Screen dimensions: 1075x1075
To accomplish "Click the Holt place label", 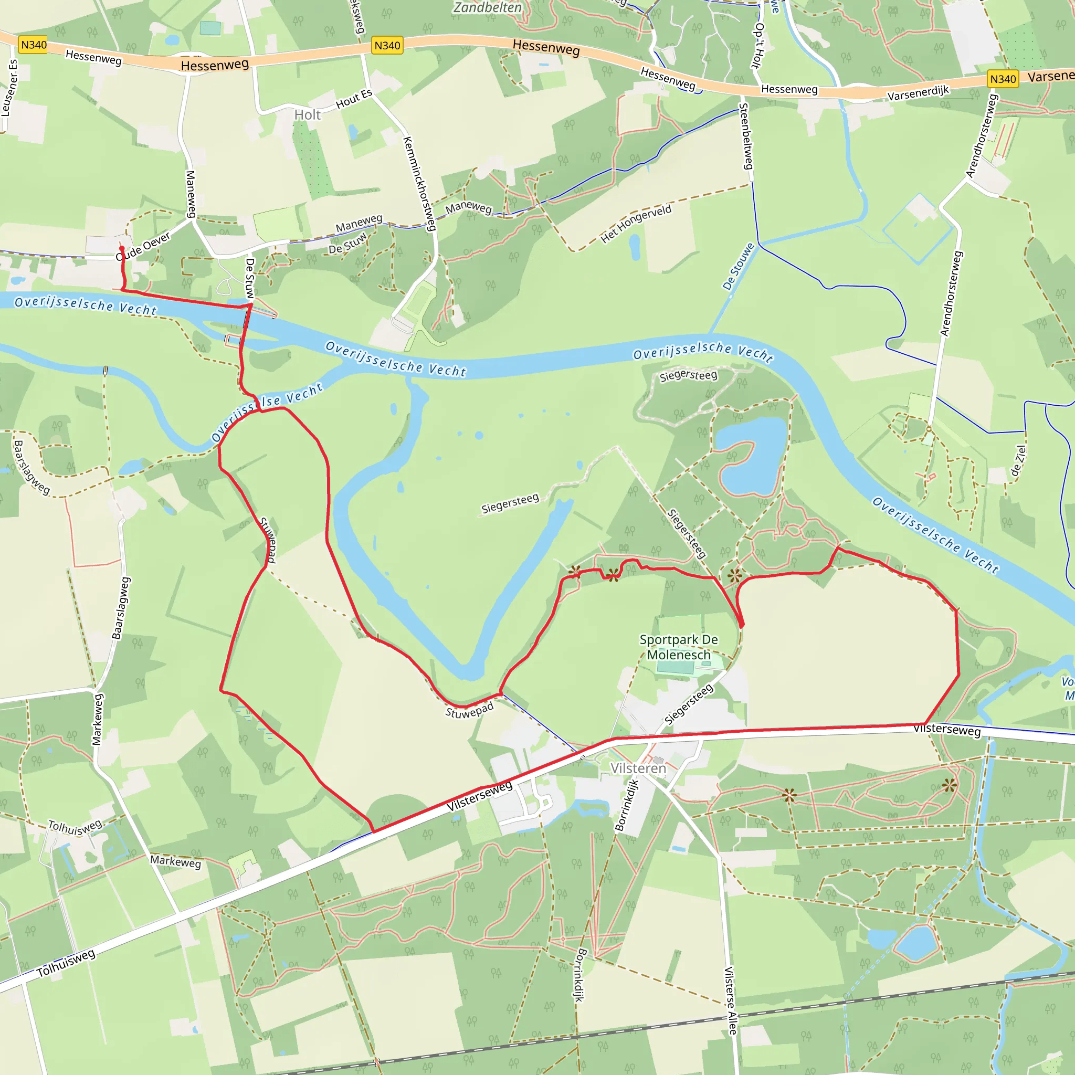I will (x=307, y=114).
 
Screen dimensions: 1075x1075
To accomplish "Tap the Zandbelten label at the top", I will (x=488, y=8).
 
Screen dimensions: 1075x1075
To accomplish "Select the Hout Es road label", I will (x=354, y=99).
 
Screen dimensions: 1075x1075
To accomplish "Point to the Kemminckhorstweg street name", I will (x=419, y=183).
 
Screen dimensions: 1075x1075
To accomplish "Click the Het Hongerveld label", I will (x=636, y=224).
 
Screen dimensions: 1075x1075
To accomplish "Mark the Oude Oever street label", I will (x=143, y=246).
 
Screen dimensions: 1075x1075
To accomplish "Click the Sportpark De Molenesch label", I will (x=678, y=647).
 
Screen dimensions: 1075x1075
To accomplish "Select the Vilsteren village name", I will (x=638, y=768).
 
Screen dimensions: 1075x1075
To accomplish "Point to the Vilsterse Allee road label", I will (x=731, y=1000).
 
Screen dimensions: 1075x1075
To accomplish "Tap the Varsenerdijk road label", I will (x=918, y=93).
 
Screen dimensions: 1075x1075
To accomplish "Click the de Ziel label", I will (x=1018, y=461).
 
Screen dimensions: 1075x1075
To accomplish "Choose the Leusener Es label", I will (x=10, y=88).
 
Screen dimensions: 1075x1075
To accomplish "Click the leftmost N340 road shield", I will (x=34, y=45).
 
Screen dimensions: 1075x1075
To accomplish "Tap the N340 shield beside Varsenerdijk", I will (x=1003, y=79).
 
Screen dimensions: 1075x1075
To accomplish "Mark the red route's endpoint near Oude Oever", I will (x=122, y=248).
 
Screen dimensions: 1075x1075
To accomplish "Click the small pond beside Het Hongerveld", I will (x=634, y=247).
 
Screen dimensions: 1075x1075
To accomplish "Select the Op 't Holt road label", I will (x=758, y=46).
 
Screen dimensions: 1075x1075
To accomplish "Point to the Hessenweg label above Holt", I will (x=215, y=65).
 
